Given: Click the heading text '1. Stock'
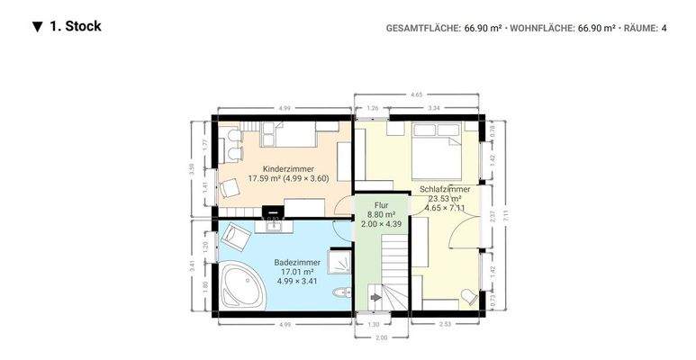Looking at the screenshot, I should [x=76, y=26].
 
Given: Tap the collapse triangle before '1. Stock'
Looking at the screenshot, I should [x=37, y=27].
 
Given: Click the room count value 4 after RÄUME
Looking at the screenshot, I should [x=664, y=28].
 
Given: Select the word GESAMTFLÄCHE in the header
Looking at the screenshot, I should [x=422, y=28].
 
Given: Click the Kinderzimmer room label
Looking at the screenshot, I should [x=288, y=169].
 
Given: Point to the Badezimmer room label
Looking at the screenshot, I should [x=297, y=262].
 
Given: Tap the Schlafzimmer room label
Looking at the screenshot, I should [x=445, y=190].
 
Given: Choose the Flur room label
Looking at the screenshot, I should [x=381, y=206].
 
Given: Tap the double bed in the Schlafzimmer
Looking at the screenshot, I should [x=438, y=151].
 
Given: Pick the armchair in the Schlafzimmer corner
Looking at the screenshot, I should [x=467, y=296].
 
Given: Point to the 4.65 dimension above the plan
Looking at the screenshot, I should [x=416, y=94].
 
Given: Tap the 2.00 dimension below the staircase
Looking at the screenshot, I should [x=381, y=337].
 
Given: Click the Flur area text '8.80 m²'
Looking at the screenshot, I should [x=381, y=215].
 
